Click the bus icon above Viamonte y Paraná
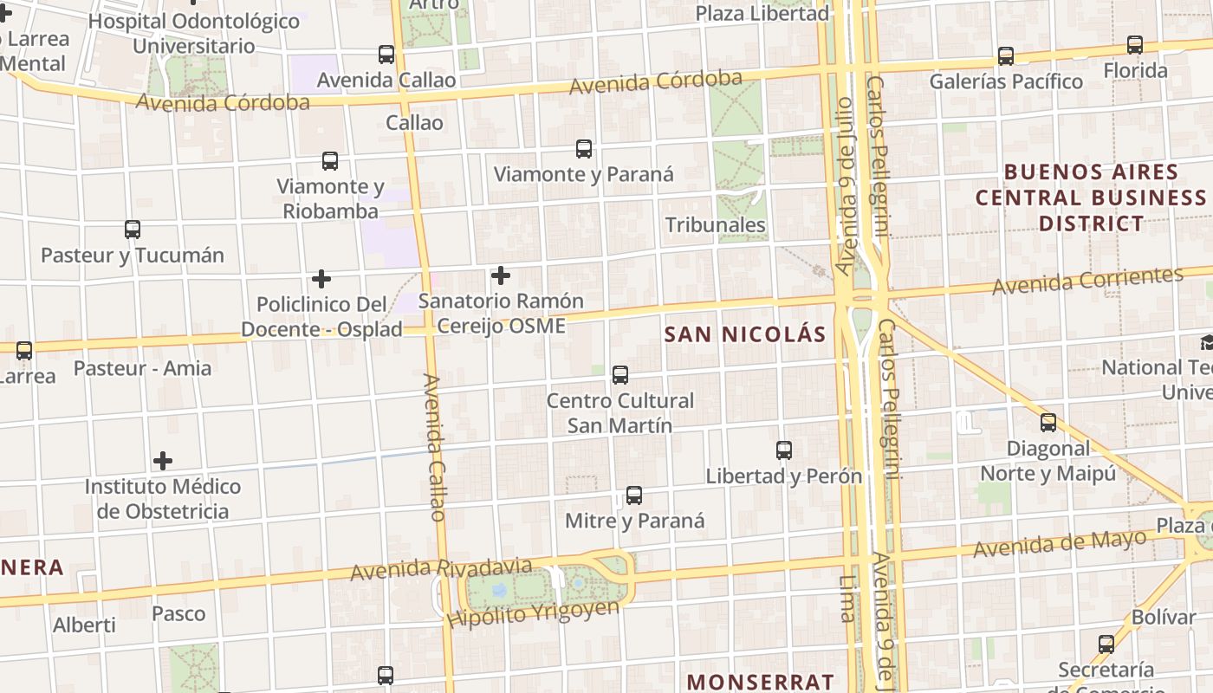pyautogui.click(x=584, y=149)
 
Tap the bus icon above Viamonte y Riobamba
pyautogui.click(x=330, y=161)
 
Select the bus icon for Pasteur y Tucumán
pyautogui.click(x=133, y=230)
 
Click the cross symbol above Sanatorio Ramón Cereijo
pyautogui.click(x=501, y=275)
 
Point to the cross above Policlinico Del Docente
pyautogui.click(x=321, y=279)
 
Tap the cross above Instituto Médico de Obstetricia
pyautogui.click(x=163, y=461)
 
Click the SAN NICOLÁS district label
pyautogui.click(x=745, y=334)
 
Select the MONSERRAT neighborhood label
pyautogui.click(x=761, y=682)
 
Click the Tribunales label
pyautogui.click(x=715, y=225)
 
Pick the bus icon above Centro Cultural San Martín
pyautogui.click(x=620, y=375)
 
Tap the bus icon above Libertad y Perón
pyautogui.click(x=784, y=450)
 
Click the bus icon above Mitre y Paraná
pyautogui.click(x=634, y=495)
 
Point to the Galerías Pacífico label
pyautogui.click(x=1006, y=81)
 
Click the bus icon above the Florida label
pyautogui.click(x=1135, y=45)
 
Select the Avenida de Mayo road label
pyautogui.click(x=1059, y=545)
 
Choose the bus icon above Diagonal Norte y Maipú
pyautogui.click(x=1048, y=423)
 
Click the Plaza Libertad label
pyautogui.click(x=762, y=13)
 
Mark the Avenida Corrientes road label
pyautogui.click(x=1087, y=281)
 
